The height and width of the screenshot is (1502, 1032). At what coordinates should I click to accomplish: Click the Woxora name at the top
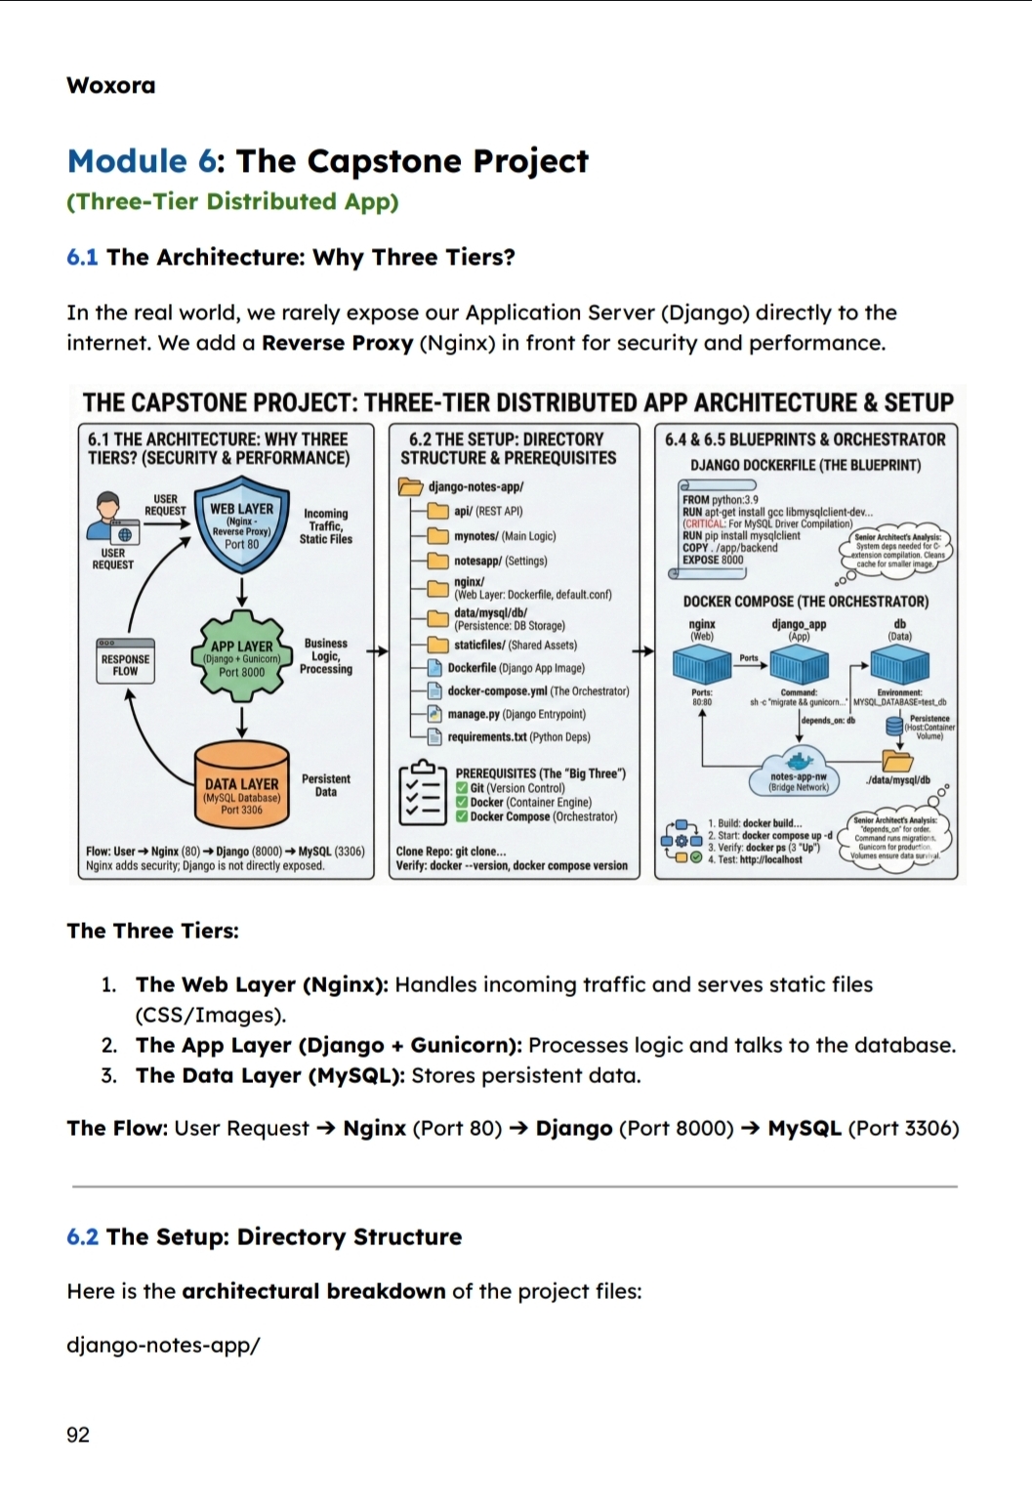[110, 85]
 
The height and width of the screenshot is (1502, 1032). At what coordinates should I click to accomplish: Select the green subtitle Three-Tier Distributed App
[232, 201]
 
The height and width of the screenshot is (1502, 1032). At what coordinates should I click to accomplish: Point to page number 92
[78, 1435]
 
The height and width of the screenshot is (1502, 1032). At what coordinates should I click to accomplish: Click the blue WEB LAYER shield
[241, 527]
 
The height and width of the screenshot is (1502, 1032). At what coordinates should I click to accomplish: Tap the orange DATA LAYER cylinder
[241, 783]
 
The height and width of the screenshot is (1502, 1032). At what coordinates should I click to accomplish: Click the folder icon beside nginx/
[436, 588]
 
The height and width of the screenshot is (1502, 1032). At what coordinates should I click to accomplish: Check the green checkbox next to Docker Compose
[462, 816]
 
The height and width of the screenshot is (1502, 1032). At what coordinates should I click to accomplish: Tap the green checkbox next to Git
[462, 788]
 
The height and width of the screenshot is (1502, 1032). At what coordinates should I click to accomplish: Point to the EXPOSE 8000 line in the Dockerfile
[713, 560]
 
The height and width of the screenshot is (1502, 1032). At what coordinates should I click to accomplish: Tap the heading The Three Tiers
[152, 931]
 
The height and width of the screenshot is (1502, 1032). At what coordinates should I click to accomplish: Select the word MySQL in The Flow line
[805, 1128]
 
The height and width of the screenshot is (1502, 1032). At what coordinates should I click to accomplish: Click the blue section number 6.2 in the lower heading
[82, 1236]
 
